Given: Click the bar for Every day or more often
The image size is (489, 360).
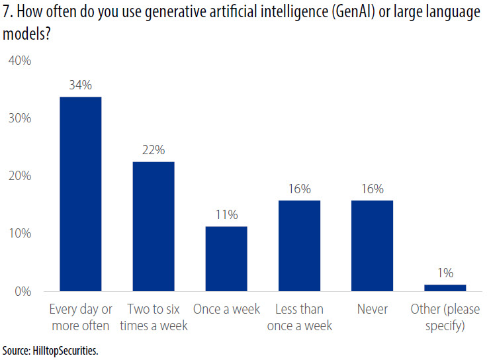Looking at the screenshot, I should (x=80, y=194).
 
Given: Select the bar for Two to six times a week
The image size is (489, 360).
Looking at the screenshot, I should (x=153, y=226).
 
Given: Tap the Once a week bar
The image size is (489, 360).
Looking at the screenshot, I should (x=226, y=259).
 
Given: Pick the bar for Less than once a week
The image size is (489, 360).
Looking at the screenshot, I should (x=299, y=246).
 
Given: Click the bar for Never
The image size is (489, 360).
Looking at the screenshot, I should (x=372, y=246).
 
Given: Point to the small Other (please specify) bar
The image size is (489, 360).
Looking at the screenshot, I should (x=445, y=288).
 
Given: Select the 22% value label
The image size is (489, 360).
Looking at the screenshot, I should (x=153, y=150).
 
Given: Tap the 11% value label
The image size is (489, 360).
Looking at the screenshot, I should (x=226, y=214).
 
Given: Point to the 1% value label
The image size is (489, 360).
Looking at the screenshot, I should (x=445, y=273).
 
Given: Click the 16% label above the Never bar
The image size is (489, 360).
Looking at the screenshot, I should (x=372, y=189).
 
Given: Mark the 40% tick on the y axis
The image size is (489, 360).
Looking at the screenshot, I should (x=20, y=61).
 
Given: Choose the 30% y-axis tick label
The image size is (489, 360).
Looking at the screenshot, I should (x=20, y=118).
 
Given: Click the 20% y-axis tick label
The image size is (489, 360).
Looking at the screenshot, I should (x=20, y=176).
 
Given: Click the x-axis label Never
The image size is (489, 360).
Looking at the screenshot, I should (x=372, y=310).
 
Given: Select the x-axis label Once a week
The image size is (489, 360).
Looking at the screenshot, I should (x=226, y=310).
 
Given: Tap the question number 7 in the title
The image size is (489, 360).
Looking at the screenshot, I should (x=7, y=13).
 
